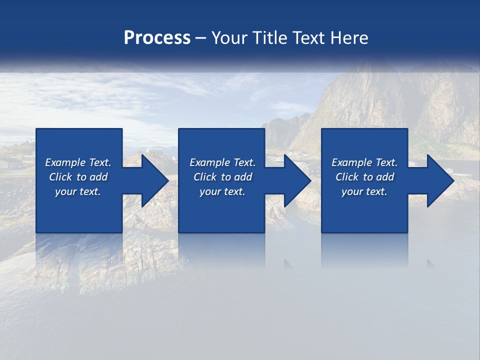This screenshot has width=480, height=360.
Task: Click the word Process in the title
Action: coord(157,38)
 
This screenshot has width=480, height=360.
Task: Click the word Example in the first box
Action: coord(65,162)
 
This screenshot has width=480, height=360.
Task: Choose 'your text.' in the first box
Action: coord(78,191)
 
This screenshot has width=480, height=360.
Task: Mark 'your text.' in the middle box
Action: coord(222,191)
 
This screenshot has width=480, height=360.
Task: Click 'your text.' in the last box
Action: coord(364,191)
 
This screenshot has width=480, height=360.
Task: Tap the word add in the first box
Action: coord(98,177)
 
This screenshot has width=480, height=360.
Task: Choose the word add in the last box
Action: coord(385,177)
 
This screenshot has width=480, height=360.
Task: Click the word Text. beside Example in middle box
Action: coord(244,162)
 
